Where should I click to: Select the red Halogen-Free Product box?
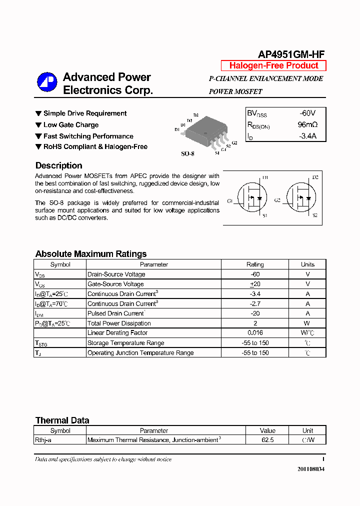(x=273, y=65)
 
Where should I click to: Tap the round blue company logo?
(x=47, y=82)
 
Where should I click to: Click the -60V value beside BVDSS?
(x=307, y=113)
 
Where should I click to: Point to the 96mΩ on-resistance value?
(x=307, y=124)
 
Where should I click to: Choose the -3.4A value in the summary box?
(x=307, y=136)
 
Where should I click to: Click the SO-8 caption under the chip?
(x=187, y=153)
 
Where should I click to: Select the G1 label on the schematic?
(x=230, y=201)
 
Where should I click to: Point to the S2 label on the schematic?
(x=315, y=215)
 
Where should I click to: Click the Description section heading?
(x=58, y=165)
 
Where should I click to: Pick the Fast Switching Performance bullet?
(x=88, y=136)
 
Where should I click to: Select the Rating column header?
(x=255, y=264)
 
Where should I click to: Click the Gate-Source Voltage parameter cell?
(x=115, y=284)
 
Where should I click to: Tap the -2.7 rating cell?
(x=255, y=303)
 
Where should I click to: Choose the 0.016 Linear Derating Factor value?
(x=255, y=333)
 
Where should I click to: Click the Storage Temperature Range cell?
(x=125, y=343)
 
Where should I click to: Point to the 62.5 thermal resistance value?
(x=267, y=440)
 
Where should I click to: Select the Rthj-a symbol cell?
(x=44, y=440)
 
